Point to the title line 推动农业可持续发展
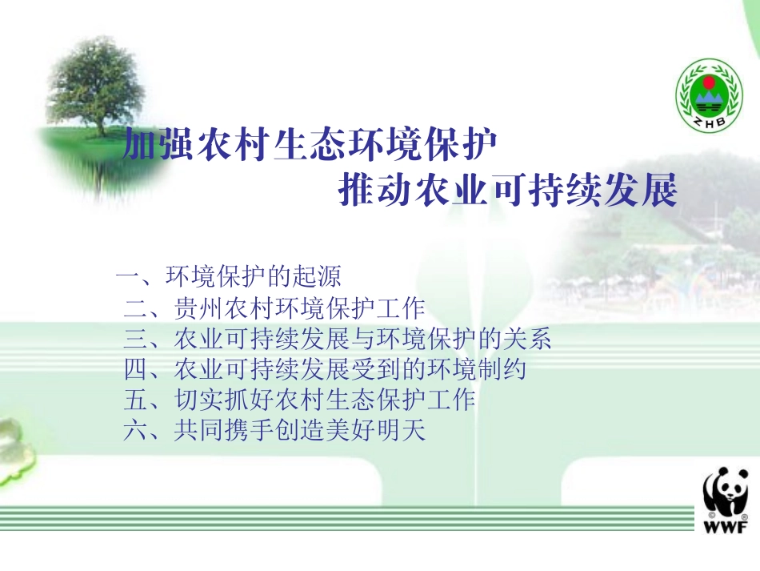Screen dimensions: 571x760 coord(508,192)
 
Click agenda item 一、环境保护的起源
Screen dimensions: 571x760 coord(229,277)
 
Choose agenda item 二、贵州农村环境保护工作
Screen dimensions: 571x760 coord(274,308)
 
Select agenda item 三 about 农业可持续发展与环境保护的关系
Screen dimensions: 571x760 coord(338,340)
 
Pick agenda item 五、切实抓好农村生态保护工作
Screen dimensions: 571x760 coord(300,400)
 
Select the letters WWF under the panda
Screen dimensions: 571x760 coord(726,527)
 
